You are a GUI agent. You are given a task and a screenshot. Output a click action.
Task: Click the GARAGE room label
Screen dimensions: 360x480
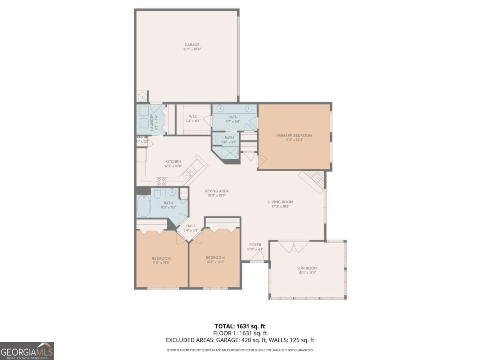point(192,45)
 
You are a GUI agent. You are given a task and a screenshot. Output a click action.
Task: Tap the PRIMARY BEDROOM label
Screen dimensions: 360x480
point(294,136)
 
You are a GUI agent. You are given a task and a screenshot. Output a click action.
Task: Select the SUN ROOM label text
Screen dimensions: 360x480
point(308,268)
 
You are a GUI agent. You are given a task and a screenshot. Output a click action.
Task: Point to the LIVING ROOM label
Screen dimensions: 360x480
point(280,202)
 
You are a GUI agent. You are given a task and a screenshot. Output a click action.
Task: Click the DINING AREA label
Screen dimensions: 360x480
point(216,191)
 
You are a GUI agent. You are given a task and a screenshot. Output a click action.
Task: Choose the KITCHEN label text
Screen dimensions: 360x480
point(173,162)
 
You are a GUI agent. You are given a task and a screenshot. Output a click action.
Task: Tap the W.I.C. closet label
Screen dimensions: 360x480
point(192,116)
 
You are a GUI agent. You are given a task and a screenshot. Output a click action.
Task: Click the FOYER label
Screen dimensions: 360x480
point(255,245)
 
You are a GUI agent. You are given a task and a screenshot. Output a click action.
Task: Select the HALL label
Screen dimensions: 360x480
point(191,226)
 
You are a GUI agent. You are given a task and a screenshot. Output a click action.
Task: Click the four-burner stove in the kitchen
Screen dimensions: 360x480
point(161,181)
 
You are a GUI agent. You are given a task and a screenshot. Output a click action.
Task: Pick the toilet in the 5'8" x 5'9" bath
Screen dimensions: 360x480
point(217,139)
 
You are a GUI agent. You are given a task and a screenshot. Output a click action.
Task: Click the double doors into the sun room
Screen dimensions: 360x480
point(294,246)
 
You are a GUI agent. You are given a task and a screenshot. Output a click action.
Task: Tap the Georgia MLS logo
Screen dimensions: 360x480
point(27,351)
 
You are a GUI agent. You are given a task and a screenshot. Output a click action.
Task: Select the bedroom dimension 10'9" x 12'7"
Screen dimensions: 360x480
point(215,262)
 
